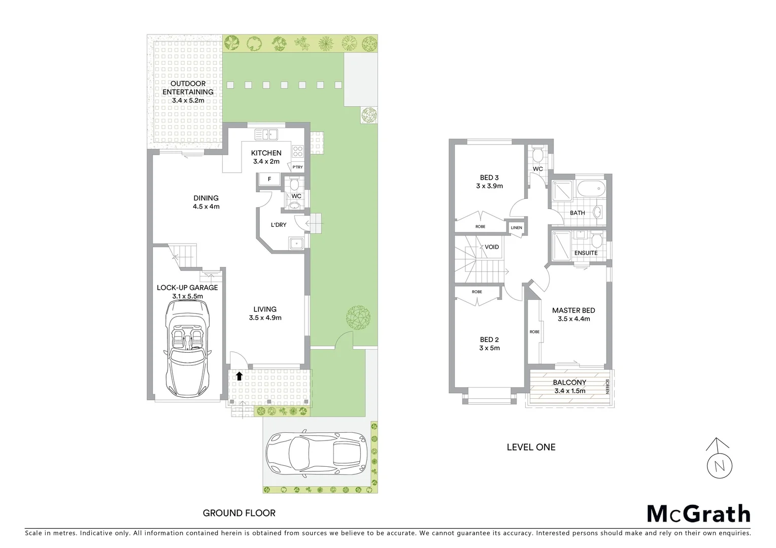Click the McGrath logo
[x=698, y=513]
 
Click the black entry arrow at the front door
[x=239, y=376]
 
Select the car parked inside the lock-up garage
[x=187, y=350]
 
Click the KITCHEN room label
[x=266, y=153]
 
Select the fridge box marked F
[x=269, y=179]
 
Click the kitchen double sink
[x=266, y=134]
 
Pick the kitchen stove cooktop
[x=297, y=151]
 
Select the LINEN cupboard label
[x=516, y=228]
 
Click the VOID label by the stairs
[x=491, y=247]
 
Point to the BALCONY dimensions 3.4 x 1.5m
[x=569, y=391]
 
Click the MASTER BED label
[x=573, y=310]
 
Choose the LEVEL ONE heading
[x=531, y=447]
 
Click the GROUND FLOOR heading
[x=239, y=513]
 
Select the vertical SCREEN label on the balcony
[x=607, y=387]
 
